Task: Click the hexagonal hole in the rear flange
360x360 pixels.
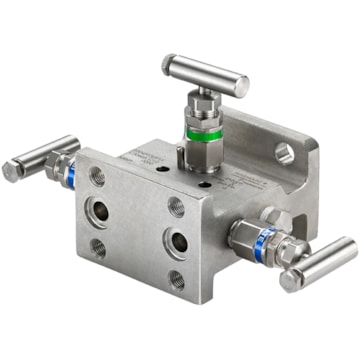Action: coord(285,154)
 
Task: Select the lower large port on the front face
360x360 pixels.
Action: coord(177,242)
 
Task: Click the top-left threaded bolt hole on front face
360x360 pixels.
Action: coord(97,177)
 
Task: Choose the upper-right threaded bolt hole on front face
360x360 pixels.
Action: coord(176,206)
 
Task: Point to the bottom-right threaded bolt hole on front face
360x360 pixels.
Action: coord(176,279)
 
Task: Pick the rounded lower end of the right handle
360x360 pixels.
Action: coord(290,281)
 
